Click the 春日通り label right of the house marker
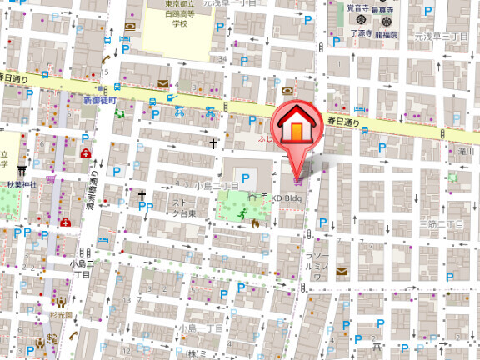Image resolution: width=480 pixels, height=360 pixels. (343, 122)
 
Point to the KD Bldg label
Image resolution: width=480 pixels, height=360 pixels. (286, 197)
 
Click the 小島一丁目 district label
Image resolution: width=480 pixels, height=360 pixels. (201, 327)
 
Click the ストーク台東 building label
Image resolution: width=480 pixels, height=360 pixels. (184, 207)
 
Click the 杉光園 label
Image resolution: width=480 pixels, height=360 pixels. (60, 317)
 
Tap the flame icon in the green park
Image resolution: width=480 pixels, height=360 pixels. (254, 223)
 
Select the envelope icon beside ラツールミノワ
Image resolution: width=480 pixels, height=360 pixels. (340, 271)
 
